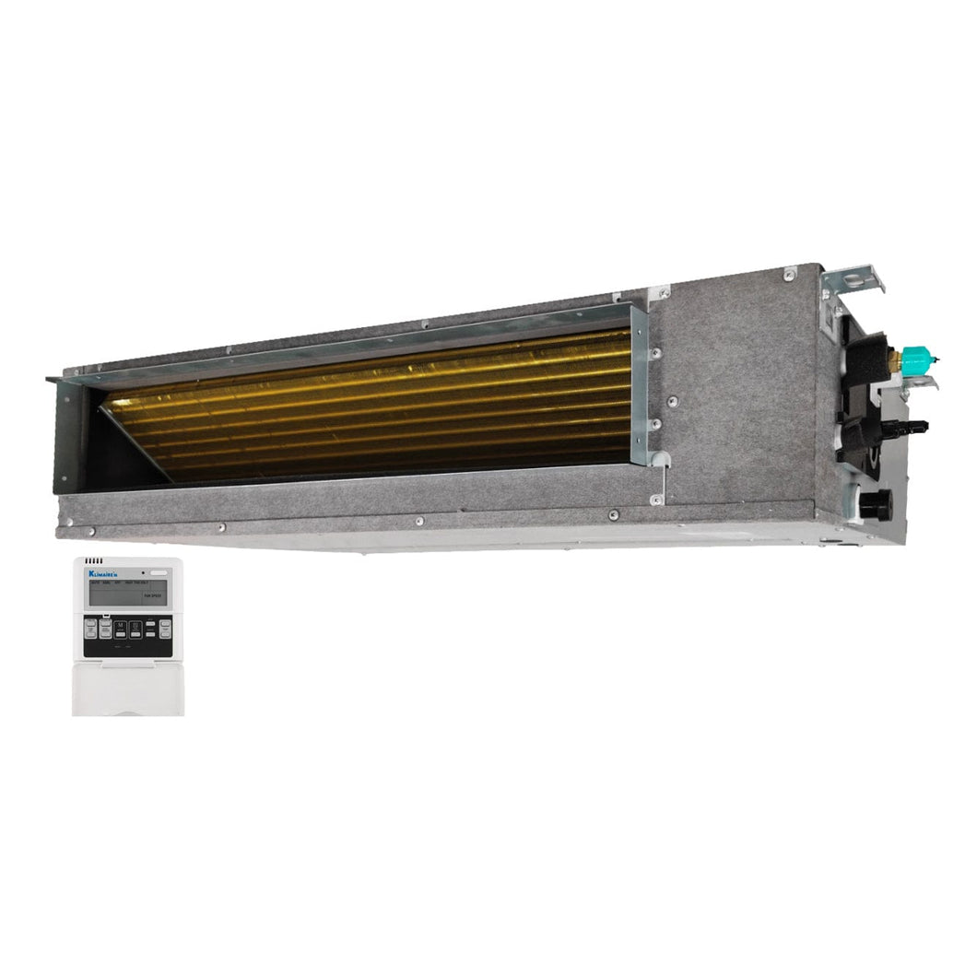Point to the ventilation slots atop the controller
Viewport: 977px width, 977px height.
(93, 561)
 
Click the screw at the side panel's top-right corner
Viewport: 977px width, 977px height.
(790, 274)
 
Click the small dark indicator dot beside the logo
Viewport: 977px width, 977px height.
(142, 573)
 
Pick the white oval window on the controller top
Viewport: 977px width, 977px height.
(158, 573)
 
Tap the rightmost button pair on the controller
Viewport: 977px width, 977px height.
(163, 630)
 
